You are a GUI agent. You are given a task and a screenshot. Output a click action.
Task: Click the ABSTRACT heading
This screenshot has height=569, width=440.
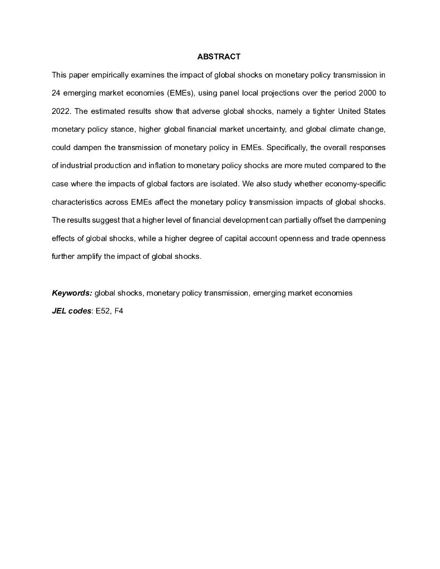click(219, 57)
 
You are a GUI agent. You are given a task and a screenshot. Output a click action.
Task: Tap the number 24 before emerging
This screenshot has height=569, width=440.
click(56, 93)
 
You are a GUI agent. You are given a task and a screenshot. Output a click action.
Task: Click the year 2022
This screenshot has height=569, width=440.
click(61, 111)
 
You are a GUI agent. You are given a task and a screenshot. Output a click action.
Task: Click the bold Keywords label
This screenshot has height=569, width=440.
click(72, 293)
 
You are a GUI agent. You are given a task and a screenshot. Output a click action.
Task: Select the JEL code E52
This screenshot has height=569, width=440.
click(103, 311)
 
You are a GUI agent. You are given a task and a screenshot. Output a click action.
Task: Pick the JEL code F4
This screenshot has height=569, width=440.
click(118, 311)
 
